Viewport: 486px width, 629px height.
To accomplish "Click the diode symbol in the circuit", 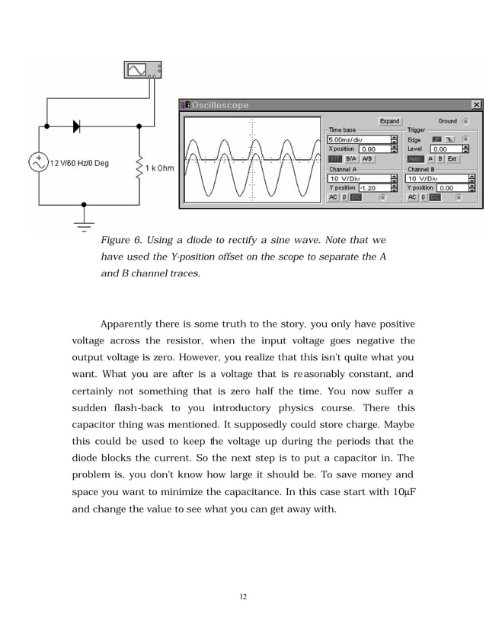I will pos(77,126).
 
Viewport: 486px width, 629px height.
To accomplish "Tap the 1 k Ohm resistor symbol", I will pos(139,167).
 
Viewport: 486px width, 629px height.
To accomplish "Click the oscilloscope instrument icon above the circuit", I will pos(142,70).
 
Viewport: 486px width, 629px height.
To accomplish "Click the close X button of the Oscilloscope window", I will pos(476,104).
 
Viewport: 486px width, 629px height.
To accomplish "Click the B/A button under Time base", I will pos(351,158).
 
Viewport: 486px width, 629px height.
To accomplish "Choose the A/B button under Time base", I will pos(366,158).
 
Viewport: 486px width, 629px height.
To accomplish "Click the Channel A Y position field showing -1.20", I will pos(372,187).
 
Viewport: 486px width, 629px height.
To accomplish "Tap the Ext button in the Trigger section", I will pos(452,158).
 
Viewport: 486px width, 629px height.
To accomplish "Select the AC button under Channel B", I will pos(411,197).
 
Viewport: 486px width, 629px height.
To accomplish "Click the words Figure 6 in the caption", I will pos(120,241).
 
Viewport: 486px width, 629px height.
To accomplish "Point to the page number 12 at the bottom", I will pos(243,596).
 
